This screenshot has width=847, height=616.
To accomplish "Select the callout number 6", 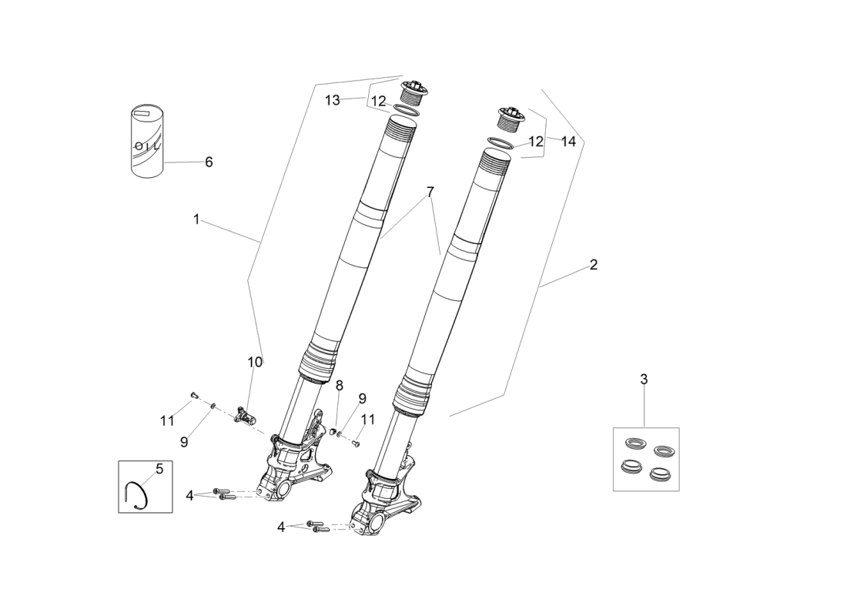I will [x=209, y=162].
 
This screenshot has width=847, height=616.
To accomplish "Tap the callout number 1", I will [x=196, y=219].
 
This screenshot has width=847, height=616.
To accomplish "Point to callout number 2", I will [x=594, y=265].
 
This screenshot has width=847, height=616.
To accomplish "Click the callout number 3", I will [x=644, y=379].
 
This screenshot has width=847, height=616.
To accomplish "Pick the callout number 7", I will [x=430, y=192].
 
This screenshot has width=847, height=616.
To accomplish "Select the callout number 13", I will [x=332, y=100].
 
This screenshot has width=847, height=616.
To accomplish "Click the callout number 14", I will [x=568, y=142].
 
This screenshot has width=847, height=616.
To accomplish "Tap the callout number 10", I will [x=255, y=362].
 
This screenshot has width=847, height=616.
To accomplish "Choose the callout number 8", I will [x=339, y=385].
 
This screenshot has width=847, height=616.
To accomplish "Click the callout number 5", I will [x=159, y=468].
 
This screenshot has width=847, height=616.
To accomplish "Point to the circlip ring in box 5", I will [x=138, y=494].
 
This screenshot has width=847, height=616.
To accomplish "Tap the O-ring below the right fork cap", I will [x=504, y=142].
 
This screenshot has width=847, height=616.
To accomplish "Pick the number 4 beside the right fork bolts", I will [x=282, y=527].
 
